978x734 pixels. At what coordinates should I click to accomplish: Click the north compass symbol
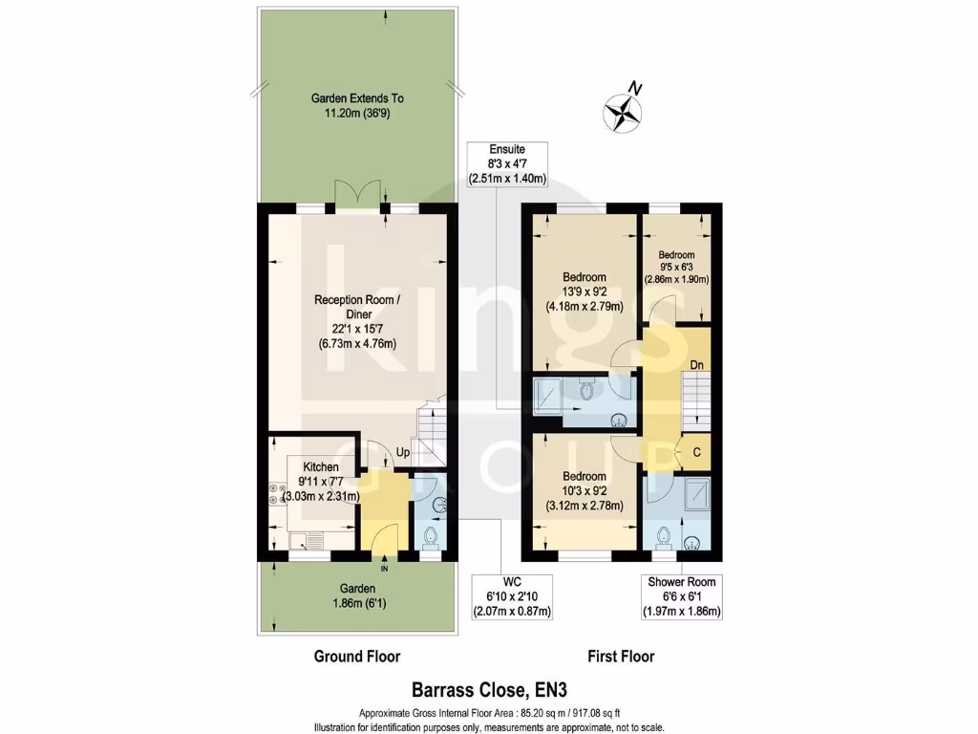pyautogui.click(x=623, y=109)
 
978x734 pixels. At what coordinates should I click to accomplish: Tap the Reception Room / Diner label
pyautogui.click(x=356, y=322)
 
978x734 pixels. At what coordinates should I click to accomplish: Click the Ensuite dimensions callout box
pyautogui.click(x=507, y=163)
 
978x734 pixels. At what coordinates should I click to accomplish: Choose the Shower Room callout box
pyautogui.click(x=682, y=596)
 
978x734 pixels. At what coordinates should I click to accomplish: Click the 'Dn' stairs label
pyautogui.click(x=697, y=364)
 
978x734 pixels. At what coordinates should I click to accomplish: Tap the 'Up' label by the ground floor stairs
pyautogui.click(x=404, y=451)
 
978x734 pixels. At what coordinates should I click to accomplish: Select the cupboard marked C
pyautogui.click(x=696, y=452)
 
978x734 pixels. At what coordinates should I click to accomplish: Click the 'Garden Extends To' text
pyautogui.click(x=357, y=98)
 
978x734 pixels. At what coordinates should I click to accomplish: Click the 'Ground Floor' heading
pyautogui.click(x=356, y=657)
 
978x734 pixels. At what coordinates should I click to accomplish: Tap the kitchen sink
pyautogui.click(x=308, y=542)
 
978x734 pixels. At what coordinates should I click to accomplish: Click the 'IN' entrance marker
pyautogui.click(x=385, y=569)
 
